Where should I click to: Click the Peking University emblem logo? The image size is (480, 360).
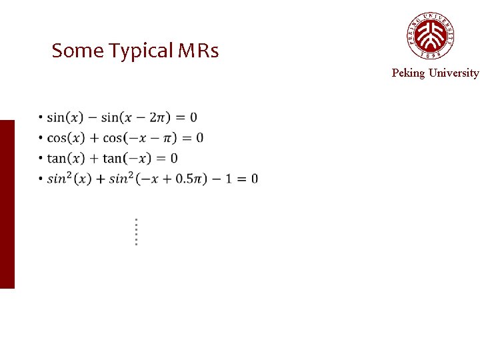point(431,36)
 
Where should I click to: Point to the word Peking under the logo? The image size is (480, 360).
point(408,73)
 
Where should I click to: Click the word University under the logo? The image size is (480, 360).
point(453,73)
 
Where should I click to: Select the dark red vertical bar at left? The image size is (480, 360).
point(7,204)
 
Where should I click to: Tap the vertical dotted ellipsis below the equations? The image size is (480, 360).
point(135,231)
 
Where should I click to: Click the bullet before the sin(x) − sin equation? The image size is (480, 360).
point(41,117)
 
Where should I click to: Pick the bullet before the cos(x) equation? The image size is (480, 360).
point(41,137)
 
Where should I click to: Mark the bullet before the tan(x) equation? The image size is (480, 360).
point(41,158)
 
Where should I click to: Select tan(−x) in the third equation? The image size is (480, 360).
point(123,158)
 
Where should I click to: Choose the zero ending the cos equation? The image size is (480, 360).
point(199,138)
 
